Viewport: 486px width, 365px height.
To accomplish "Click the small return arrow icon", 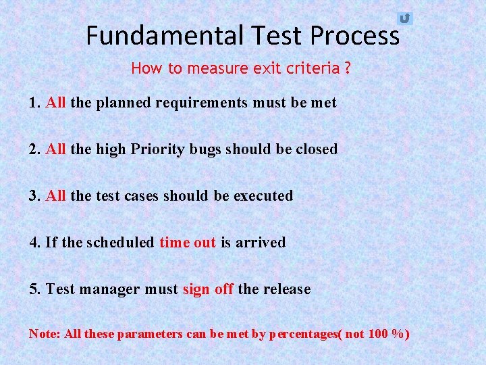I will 404,18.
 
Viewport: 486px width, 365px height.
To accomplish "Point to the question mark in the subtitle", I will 347,68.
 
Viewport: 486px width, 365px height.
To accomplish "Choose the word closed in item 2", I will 317,149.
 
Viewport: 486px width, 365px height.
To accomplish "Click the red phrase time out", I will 188,242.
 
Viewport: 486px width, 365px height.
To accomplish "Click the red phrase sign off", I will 208,289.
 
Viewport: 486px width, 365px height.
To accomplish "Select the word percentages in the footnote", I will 303,335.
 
